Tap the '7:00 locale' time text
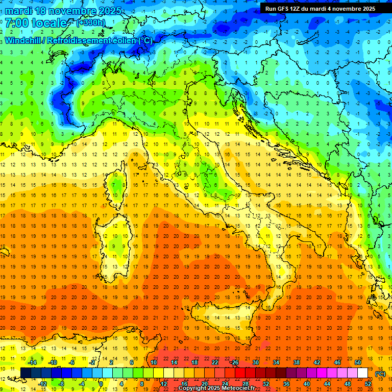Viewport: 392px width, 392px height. (36, 23)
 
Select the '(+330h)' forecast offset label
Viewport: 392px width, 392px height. (91, 22)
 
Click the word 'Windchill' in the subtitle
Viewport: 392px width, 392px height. (23, 40)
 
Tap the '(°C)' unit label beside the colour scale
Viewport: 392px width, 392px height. (380, 373)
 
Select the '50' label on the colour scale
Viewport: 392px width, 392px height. (358, 362)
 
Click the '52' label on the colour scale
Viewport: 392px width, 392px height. (368, 384)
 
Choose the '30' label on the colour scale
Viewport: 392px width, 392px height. (256, 362)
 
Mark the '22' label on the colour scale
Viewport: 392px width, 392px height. (215, 362)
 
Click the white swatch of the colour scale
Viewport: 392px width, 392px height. (363, 373)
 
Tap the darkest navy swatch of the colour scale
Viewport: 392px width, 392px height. (26, 373)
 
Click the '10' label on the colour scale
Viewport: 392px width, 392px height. (154, 362)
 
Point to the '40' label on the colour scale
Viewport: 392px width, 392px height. (307, 384)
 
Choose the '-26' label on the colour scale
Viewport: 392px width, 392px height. (234, 362)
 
